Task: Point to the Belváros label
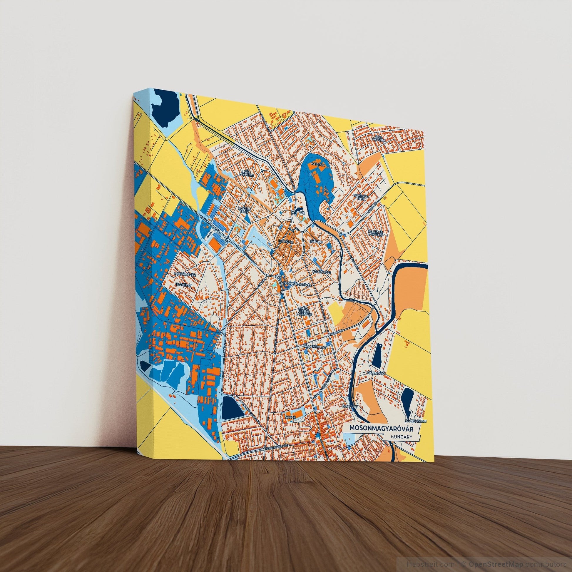286,242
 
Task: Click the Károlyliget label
321,271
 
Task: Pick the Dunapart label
350,407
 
